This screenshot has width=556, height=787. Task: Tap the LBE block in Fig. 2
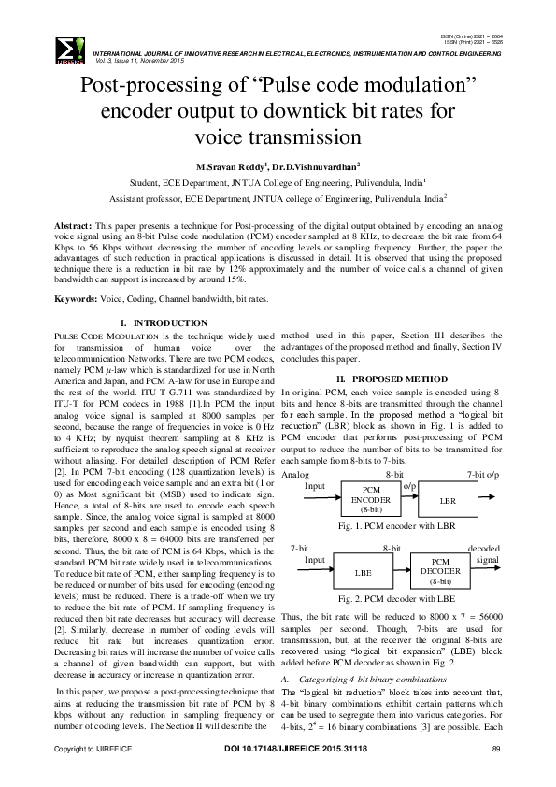(x=363, y=568)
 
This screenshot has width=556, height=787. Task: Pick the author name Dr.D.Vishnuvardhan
(x=318, y=165)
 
